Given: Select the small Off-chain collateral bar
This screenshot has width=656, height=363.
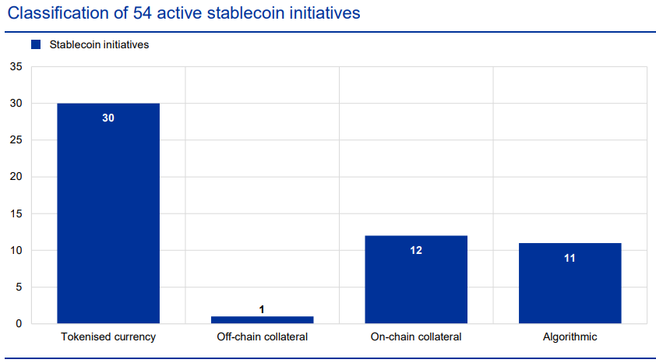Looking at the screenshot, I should click(262, 319).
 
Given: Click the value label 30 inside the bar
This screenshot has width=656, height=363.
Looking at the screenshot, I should click(108, 118).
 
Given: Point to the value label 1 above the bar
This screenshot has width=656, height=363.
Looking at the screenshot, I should click(262, 309).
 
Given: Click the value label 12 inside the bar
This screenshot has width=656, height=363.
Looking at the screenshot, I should click(416, 250).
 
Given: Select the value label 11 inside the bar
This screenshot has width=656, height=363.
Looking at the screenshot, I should click(570, 257).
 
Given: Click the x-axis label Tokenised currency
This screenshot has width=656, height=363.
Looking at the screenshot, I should click(108, 337).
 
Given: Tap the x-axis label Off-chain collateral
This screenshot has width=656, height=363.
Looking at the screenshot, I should click(262, 337).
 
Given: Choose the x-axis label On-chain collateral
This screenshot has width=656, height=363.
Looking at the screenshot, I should click(416, 337).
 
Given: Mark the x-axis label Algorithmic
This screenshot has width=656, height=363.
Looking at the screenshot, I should click(570, 337).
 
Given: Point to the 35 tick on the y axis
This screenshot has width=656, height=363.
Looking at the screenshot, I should click(16, 67).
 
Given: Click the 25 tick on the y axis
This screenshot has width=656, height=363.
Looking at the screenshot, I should click(16, 140).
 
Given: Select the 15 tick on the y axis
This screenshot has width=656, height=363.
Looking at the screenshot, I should click(16, 213).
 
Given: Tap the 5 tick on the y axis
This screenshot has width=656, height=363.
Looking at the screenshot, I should click(19, 287).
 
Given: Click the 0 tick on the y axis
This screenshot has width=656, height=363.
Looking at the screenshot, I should click(19, 323).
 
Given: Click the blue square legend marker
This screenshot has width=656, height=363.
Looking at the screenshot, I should click(36, 45).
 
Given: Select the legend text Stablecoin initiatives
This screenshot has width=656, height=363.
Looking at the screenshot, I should click(99, 45).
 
